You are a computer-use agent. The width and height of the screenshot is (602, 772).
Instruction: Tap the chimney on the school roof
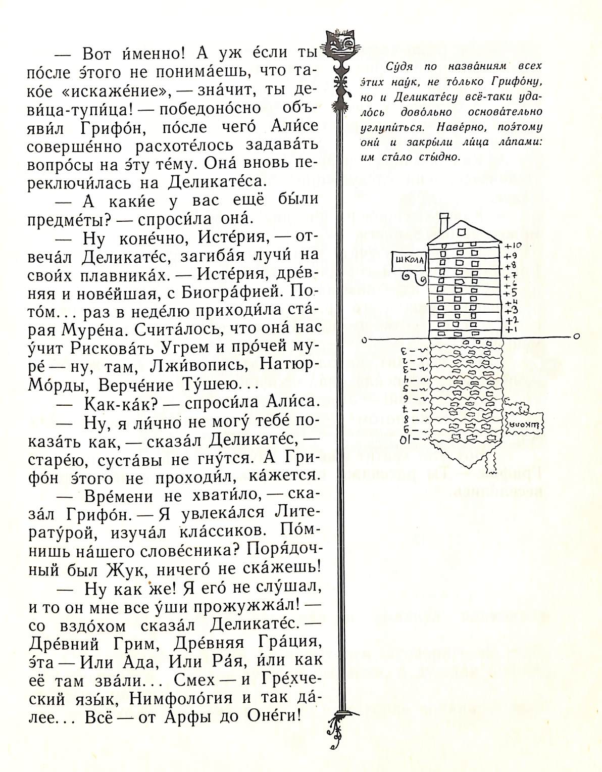pos(444,221)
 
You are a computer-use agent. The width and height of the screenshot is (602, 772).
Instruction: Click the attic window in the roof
pos(462,231)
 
